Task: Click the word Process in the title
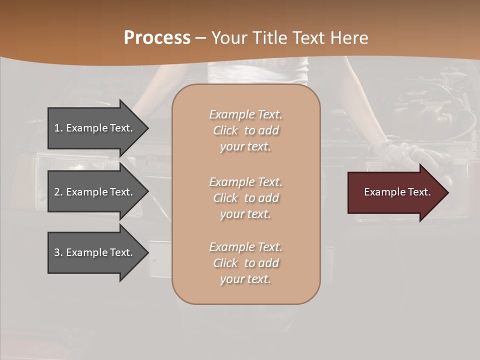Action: coord(157,38)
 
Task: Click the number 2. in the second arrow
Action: coord(58,192)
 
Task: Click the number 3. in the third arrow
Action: coord(58,252)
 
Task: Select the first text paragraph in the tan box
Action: coord(245,130)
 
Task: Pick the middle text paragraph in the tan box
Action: coord(245,197)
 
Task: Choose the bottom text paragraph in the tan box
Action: coord(245,263)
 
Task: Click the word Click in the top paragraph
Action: coord(225,130)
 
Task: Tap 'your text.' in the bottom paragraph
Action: coord(245,279)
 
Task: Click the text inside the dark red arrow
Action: coord(397,192)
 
